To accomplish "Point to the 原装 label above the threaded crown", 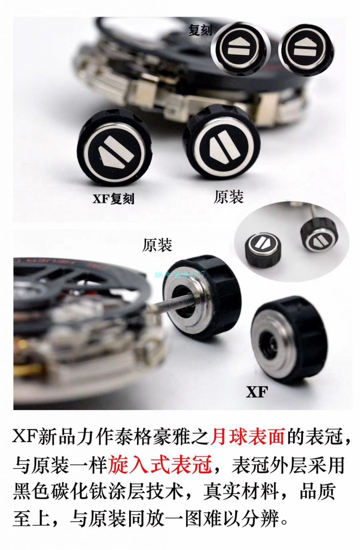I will point(157,245).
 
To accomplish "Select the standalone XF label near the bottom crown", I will point(257,392).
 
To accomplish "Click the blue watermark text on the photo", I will point(180,274).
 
